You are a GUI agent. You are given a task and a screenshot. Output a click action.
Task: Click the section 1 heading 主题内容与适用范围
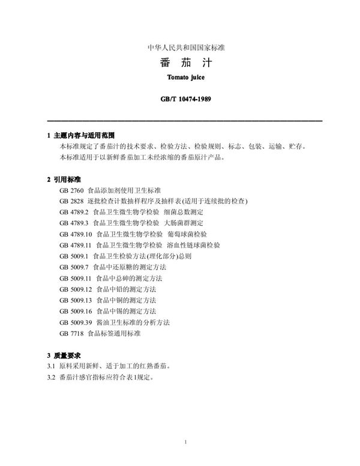(x=83, y=136)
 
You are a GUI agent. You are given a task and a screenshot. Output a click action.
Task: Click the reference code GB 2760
(x=72, y=190)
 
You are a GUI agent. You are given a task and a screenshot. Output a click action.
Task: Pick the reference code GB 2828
(x=72, y=201)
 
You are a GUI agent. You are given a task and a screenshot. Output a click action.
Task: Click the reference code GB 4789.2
(x=74, y=212)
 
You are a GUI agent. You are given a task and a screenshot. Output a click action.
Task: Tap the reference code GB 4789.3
(x=74, y=223)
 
